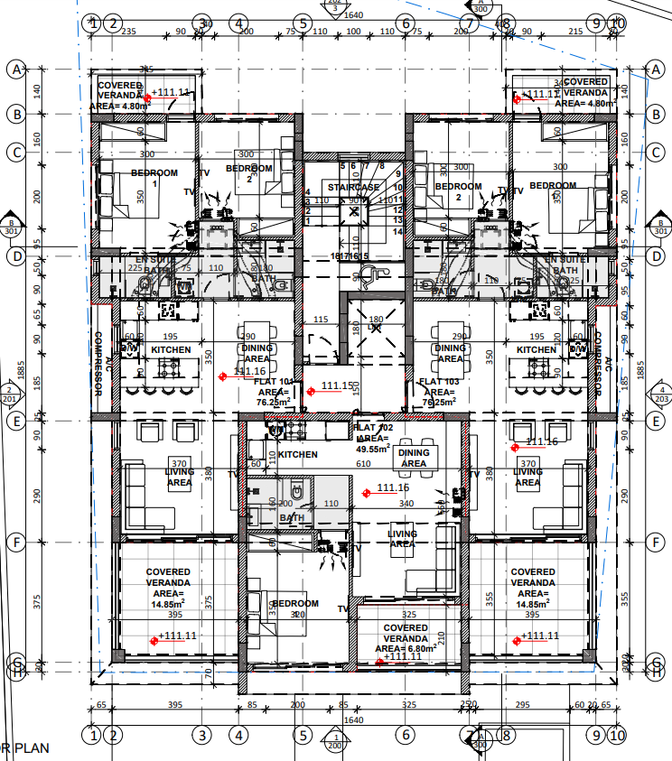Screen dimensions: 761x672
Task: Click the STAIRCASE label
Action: click(x=353, y=187)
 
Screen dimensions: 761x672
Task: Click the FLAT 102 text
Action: click(x=371, y=427)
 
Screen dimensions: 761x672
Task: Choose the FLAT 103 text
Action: click(x=440, y=382)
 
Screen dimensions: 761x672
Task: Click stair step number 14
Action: click(x=397, y=231)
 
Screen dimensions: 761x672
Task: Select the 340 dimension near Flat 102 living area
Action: click(x=406, y=504)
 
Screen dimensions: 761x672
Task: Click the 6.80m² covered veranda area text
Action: click(x=405, y=648)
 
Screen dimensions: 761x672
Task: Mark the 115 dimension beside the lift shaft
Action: click(x=320, y=320)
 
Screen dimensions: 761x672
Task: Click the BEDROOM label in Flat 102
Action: click(x=295, y=604)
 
